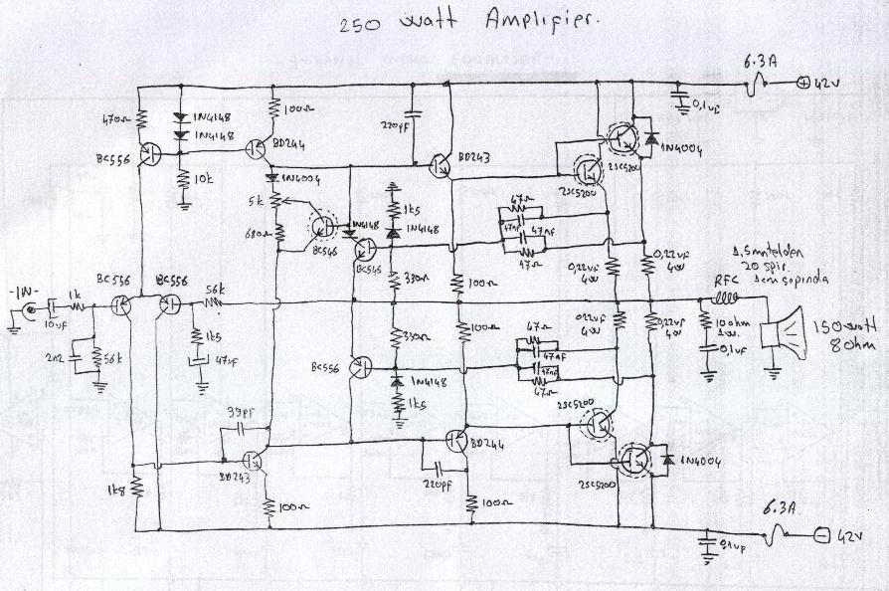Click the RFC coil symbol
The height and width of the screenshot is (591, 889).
pos(728,297)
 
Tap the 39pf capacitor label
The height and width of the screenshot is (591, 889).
pos(240,411)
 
